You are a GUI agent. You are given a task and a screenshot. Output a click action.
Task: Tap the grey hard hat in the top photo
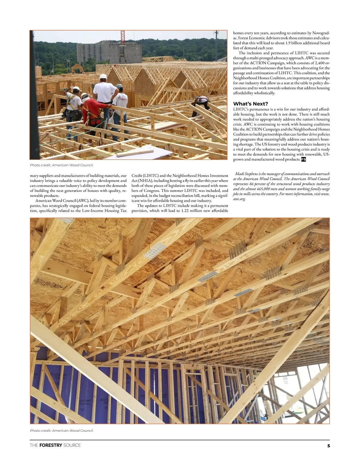point(119,86)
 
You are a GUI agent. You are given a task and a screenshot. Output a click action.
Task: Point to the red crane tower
point(122,36)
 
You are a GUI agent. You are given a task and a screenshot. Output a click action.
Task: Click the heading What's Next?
point(250,104)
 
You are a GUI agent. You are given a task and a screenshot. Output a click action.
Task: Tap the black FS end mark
point(303,160)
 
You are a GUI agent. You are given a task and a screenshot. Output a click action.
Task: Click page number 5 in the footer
point(328,446)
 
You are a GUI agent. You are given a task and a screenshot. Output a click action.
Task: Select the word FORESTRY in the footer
point(51,445)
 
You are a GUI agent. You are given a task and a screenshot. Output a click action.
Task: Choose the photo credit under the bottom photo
point(61,431)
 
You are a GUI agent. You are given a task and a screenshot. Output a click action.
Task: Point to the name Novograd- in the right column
point(321,33)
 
